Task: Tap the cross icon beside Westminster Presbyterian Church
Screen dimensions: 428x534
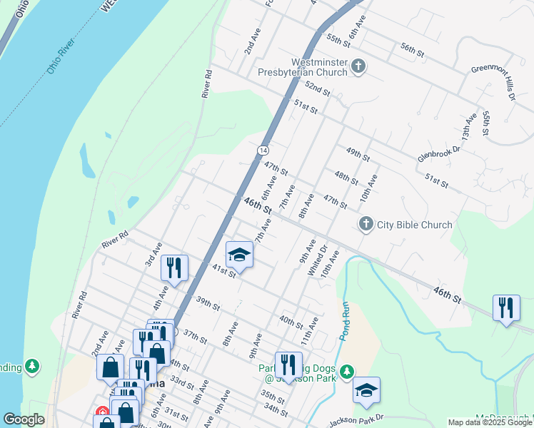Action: click(358, 68)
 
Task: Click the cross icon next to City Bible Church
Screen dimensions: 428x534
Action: click(366, 225)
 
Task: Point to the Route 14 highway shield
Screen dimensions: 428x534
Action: click(263, 151)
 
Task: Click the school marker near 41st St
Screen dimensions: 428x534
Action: click(240, 255)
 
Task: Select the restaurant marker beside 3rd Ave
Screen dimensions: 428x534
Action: click(174, 268)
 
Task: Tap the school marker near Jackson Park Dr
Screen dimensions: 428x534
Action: click(366, 391)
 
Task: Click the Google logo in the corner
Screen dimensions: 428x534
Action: click(24, 419)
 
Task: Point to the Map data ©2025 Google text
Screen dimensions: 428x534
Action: click(490, 422)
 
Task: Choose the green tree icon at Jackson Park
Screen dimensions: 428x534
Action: click(347, 372)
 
